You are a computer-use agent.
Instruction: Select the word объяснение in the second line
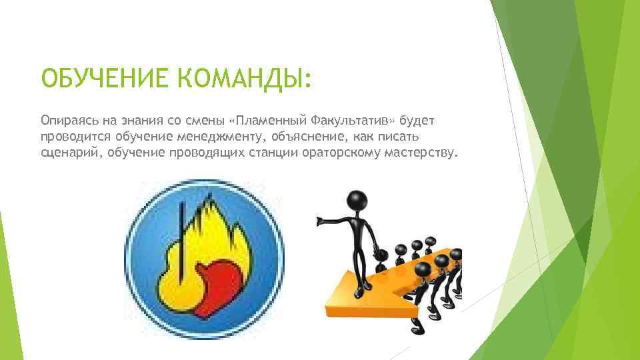pos(312,137)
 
